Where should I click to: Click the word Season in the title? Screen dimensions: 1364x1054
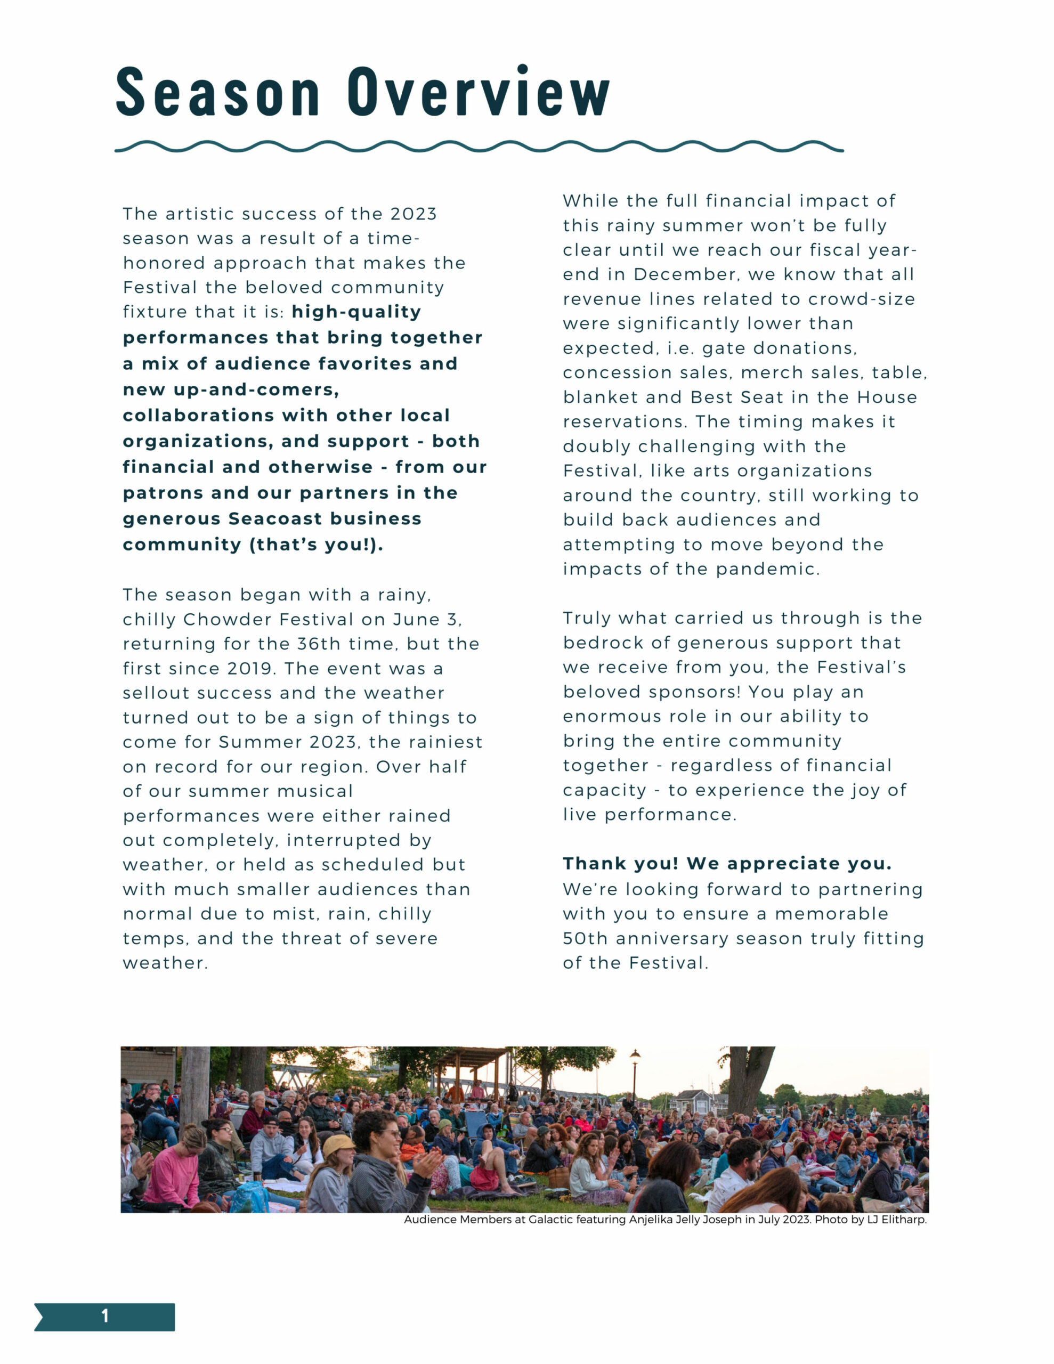pyautogui.click(x=218, y=92)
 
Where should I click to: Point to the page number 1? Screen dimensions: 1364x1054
pyautogui.click(x=105, y=1316)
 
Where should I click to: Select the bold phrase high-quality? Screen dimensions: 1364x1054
pyautogui.click(x=356, y=312)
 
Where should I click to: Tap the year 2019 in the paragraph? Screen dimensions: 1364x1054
pyautogui.click(x=249, y=668)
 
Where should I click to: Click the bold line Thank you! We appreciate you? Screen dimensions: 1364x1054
pyautogui.click(x=727, y=864)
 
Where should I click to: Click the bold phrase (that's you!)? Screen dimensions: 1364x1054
pyautogui.click(x=316, y=545)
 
